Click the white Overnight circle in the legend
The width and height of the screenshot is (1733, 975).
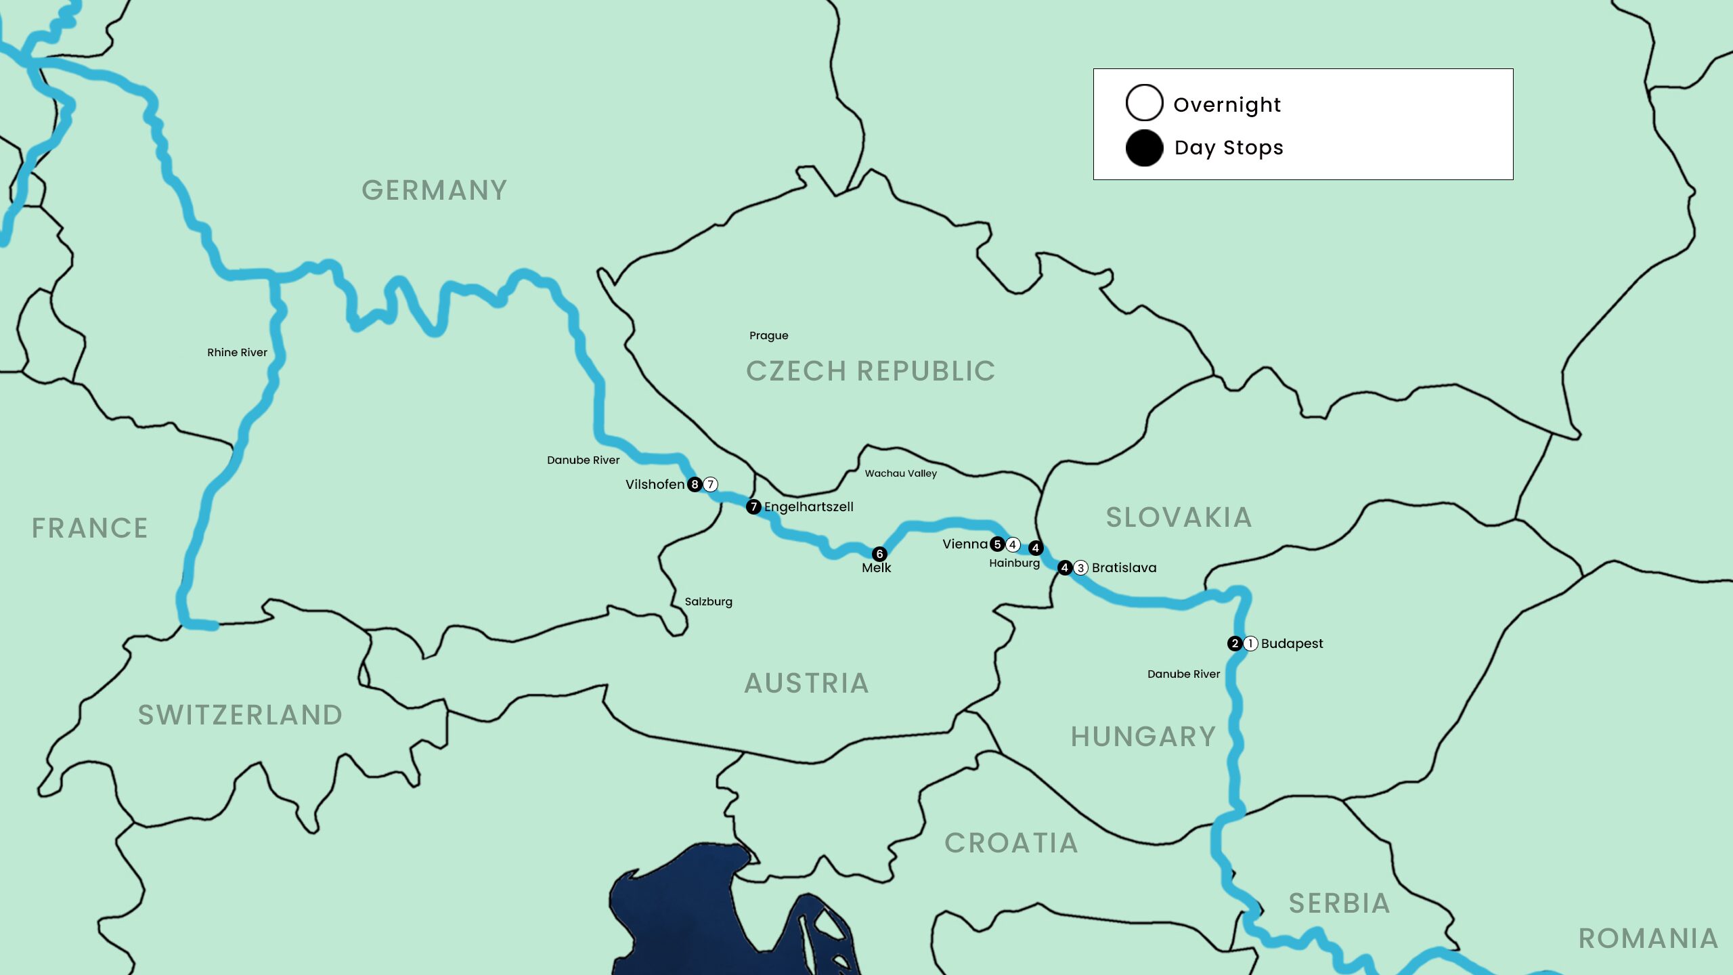[1144, 103]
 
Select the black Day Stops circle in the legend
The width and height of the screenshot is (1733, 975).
[1144, 148]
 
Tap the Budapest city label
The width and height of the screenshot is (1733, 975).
[1292, 643]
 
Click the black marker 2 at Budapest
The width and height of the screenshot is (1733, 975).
[1235, 643]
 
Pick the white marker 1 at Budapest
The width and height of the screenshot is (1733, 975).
[1250, 643]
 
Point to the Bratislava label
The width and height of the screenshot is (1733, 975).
[1124, 567]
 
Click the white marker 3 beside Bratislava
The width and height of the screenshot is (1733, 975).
[1081, 567]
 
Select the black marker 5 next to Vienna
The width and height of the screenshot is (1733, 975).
[997, 544]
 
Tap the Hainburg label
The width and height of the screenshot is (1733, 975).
[1014, 563]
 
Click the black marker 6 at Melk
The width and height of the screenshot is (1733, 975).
[879, 554]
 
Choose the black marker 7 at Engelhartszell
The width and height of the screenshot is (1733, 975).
[753, 506]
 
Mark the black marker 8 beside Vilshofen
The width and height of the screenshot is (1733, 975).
[695, 484]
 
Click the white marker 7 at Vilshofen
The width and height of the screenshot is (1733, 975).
[710, 484]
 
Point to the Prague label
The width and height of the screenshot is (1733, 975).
[768, 335]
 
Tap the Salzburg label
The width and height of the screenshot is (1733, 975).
[708, 601]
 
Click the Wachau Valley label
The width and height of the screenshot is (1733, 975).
[900, 473]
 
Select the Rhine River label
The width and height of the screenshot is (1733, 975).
[237, 352]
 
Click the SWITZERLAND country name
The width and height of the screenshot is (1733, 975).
[240, 715]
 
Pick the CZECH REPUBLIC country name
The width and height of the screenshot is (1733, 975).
[871, 371]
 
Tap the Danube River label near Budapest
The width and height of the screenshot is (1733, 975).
[1183, 674]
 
